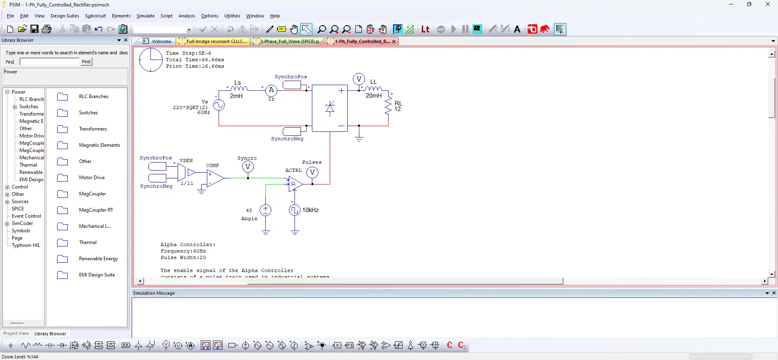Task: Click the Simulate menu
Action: (x=145, y=16)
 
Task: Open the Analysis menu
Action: (x=187, y=16)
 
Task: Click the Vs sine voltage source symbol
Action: (x=219, y=105)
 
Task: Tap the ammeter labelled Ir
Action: (x=271, y=90)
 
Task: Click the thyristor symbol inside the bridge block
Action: (x=330, y=108)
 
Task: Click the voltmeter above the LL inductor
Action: (x=359, y=79)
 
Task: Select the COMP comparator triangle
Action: (x=215, y=178)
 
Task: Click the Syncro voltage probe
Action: (x=248, y=167)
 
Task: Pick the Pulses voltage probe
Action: (x=312, y=173)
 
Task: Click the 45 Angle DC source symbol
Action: (x=265, y=210)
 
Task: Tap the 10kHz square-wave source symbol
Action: (x=294, y=210)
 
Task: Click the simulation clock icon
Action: (x=150, y=60)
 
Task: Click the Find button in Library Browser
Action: (x=86, y=62)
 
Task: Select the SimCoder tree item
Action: (x=22, y=223)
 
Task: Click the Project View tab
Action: (x=16, y=334)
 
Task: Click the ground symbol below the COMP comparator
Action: (x=202, y=192)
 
